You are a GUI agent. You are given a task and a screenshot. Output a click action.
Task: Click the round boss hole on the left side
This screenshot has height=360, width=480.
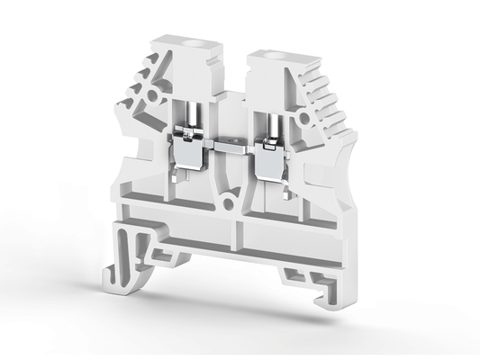pos(151,94)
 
